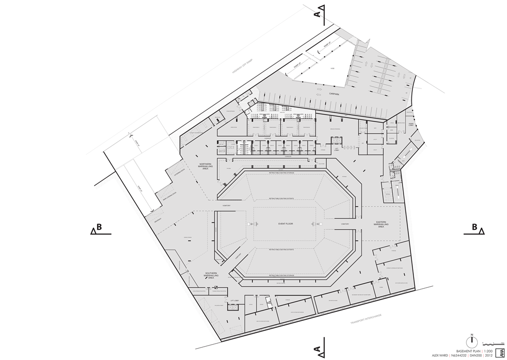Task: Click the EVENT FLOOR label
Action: pyautogui.click(x=285, y=224)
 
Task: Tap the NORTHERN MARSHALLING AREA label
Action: pyautogui.click(x=205, y=166)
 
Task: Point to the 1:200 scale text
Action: pyautogui.click(x=483, y=350)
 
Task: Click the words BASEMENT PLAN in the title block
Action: pyautogui.click(x=461, y=350)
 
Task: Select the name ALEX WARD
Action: pyautogui.click(x=441, y=355)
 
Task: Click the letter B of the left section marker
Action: pyautogui.click(x=100, y=227)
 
